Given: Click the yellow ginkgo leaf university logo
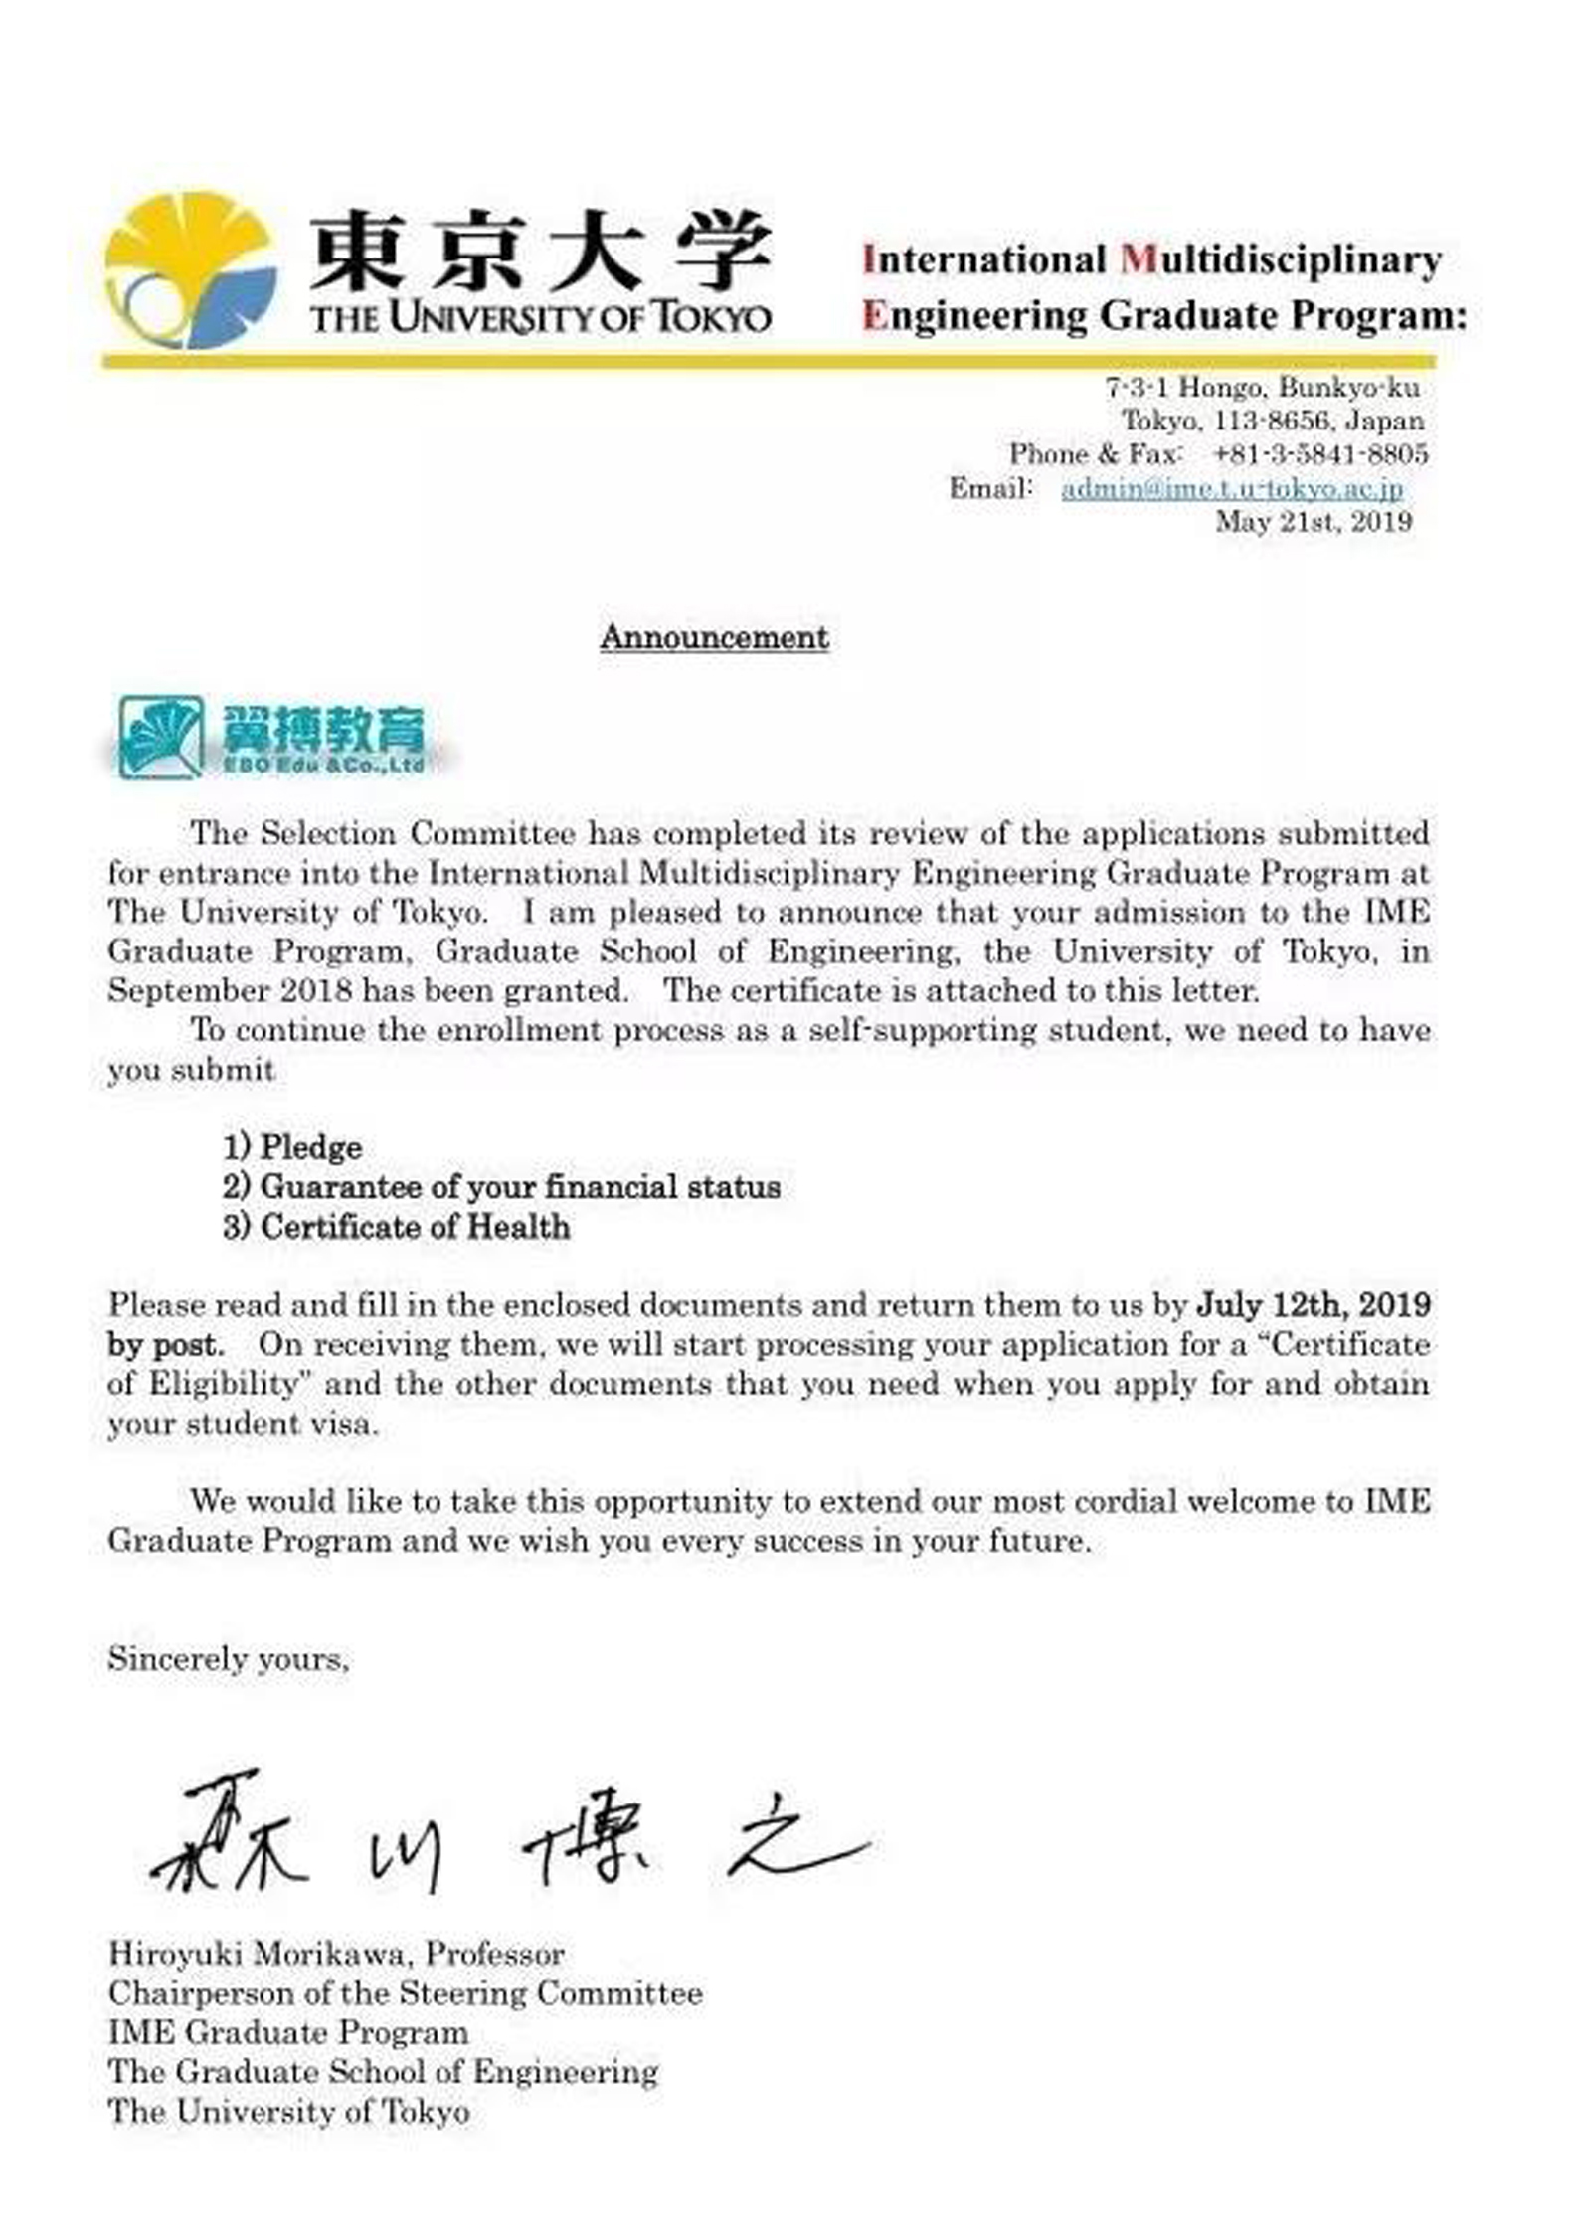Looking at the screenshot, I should [189, 268].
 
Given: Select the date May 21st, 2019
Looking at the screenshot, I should [1313, 522].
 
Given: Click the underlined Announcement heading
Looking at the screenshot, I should [714, 637].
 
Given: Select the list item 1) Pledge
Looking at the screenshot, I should [292, 1147].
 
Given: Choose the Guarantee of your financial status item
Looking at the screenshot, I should [501, 1187].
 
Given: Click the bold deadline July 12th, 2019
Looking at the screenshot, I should [1314, 1304].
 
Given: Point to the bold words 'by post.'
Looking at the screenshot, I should [166, 1344].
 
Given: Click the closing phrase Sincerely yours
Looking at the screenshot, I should [229, 1659].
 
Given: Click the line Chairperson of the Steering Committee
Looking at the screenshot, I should [406, 1993].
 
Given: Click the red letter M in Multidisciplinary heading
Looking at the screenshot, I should [1138, 260].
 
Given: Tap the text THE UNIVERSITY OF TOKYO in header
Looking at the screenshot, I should [540, 318].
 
